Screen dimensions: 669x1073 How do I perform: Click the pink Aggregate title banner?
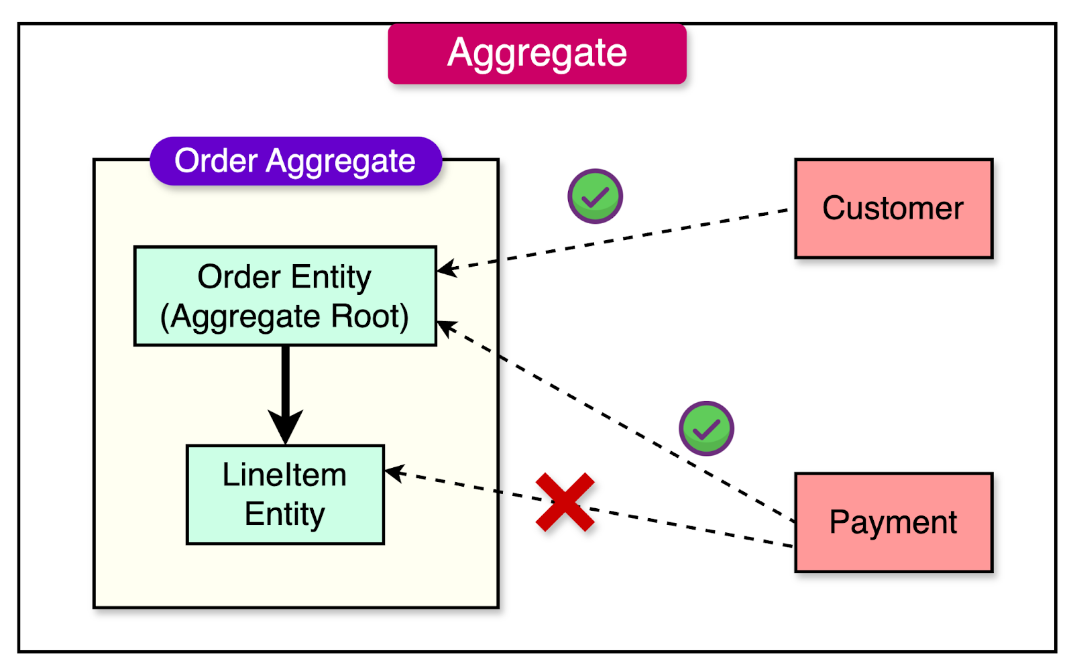[536, 54]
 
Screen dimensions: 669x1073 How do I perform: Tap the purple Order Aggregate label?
[295, 162]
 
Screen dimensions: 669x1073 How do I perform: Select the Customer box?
[893, 208]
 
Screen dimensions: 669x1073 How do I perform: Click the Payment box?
[893, 522]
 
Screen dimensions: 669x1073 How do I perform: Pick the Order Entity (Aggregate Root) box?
[285, 296]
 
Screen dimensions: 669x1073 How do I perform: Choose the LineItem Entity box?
[285, 495]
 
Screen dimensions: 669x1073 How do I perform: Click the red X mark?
[565, 502]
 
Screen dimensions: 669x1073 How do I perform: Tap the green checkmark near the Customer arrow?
[595, 196]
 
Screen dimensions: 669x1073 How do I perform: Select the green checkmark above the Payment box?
[706, 428]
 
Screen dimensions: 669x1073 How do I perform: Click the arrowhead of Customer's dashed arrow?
[446, 268]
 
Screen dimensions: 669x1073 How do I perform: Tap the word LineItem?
[284, 475]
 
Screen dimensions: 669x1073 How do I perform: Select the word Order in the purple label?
[216, 162]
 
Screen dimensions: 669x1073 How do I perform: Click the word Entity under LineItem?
[284, 515]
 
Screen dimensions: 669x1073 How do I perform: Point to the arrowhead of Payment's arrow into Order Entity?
[446, 327]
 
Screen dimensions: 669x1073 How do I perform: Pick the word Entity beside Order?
[331, 278]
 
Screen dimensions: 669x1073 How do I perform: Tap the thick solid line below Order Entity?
[285, 379]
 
